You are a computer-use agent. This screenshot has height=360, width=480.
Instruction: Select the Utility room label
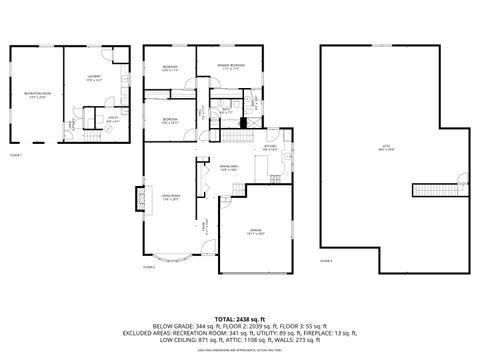(112, 121)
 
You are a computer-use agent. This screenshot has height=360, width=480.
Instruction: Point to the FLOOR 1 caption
(16, 156)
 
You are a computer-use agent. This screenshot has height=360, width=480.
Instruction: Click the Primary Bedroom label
(232, 68)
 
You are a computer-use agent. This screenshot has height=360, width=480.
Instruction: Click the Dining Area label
(228, 168)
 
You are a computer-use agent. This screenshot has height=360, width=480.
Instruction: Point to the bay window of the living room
(175, 262)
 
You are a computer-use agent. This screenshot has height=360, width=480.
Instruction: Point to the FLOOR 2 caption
(150, 268)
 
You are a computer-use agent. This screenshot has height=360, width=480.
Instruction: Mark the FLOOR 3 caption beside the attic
(326, 260)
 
